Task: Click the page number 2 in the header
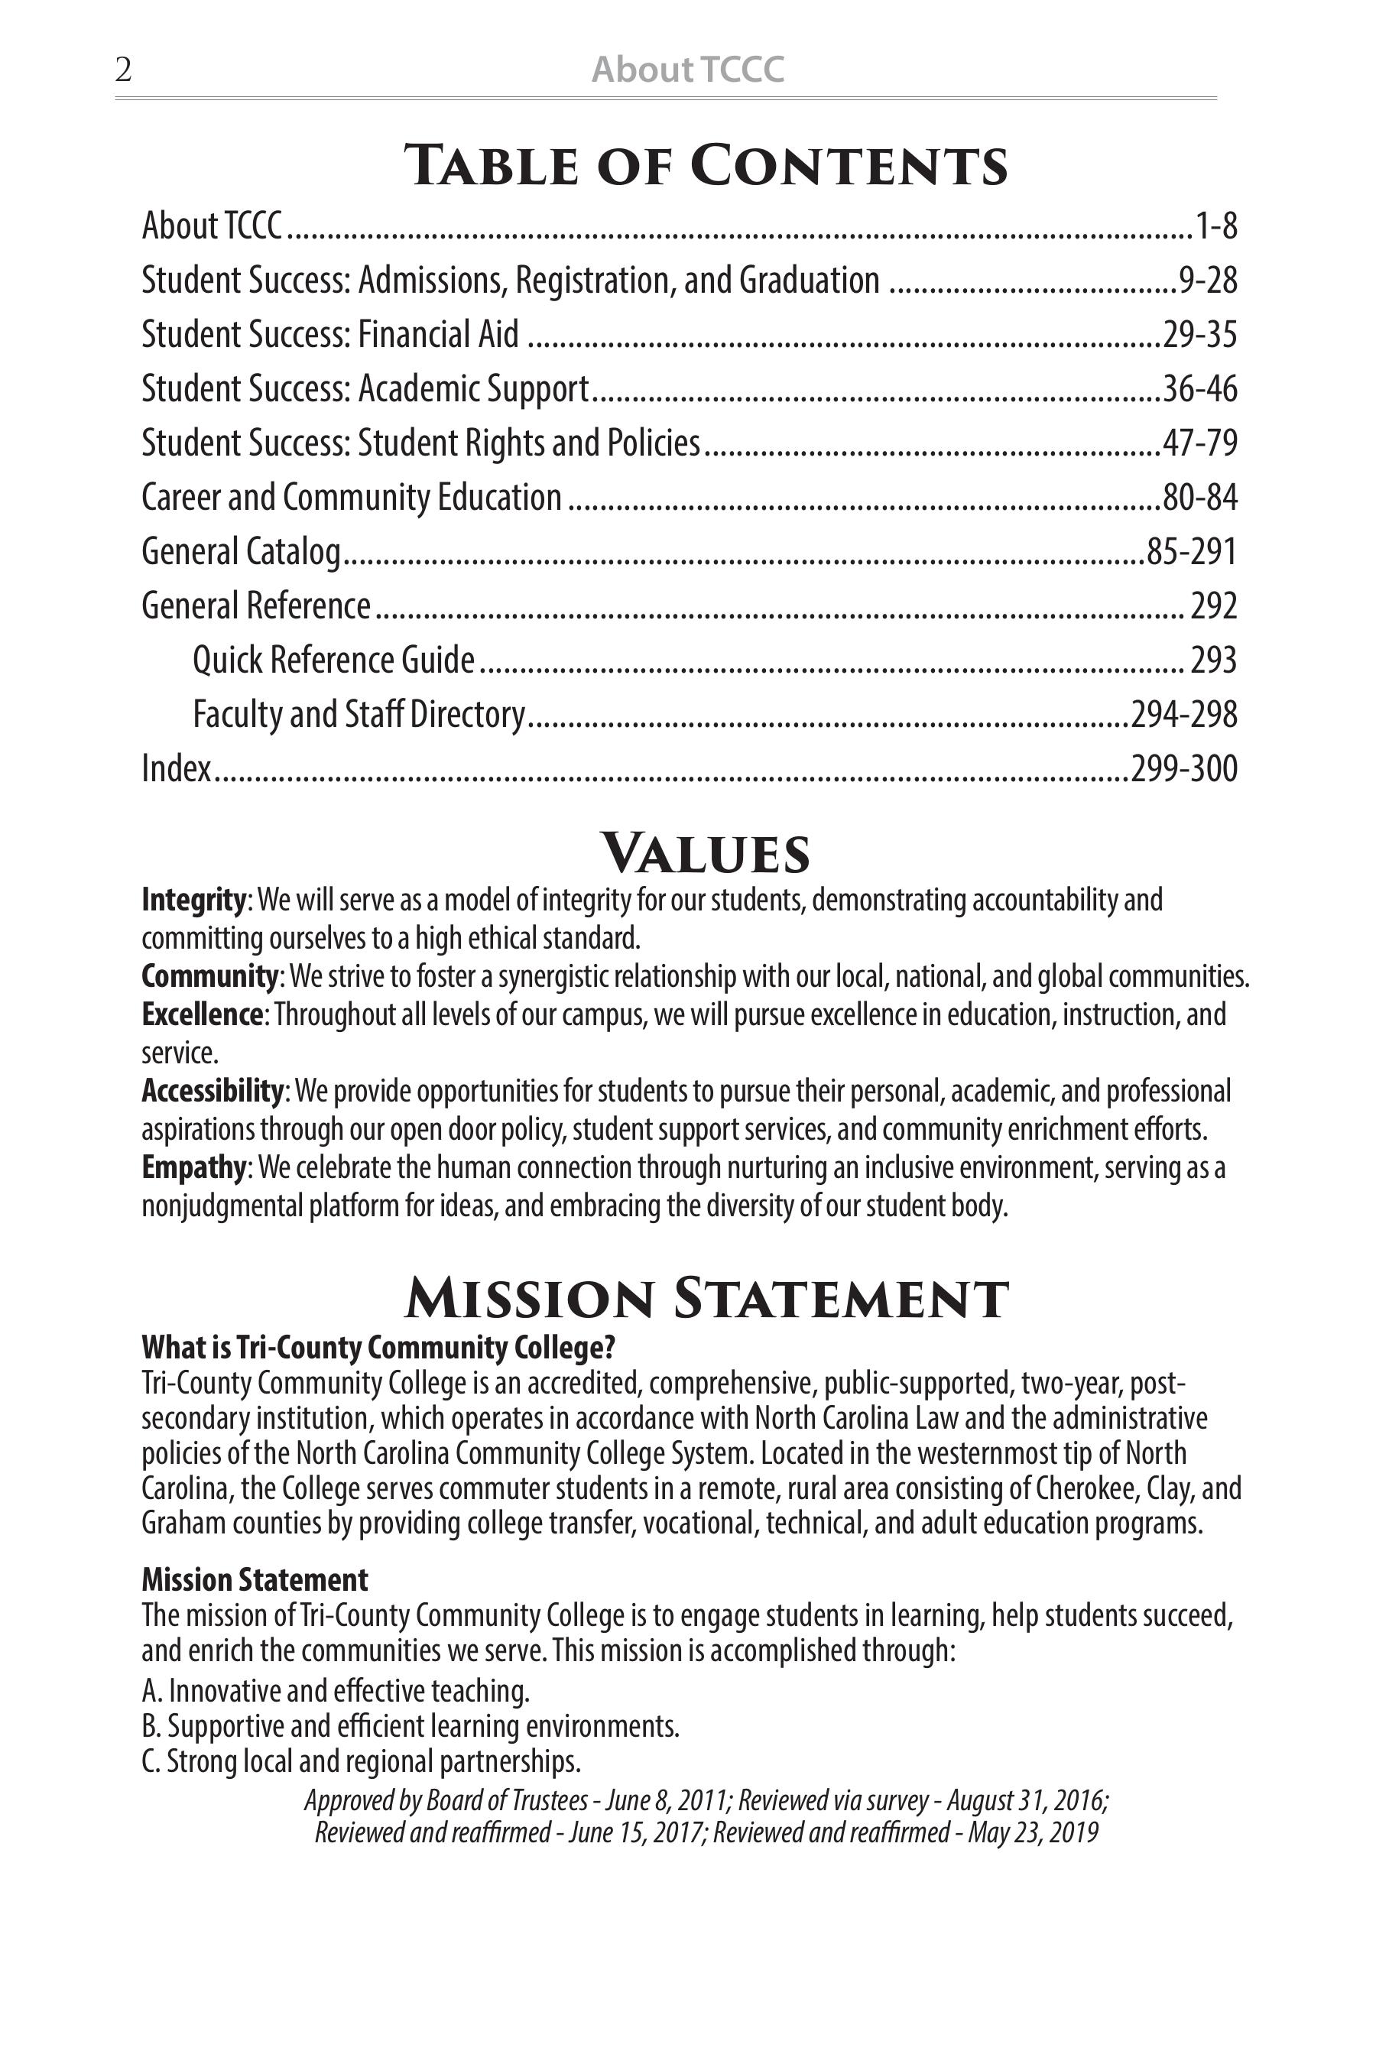point(123,70)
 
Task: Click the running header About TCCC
point(687,70)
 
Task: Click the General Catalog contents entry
point(242,552)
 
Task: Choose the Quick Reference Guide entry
point(333,660)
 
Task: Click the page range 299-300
point(1184,769)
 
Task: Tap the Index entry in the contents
point(177,769)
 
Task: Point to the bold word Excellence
point(202,1014)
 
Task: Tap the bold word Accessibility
point(213,1091)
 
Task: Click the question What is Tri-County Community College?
point(378,1347)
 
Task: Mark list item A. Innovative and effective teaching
point(336,1690)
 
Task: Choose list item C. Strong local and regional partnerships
point(361,1761)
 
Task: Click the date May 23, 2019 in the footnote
point(1033,1832)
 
